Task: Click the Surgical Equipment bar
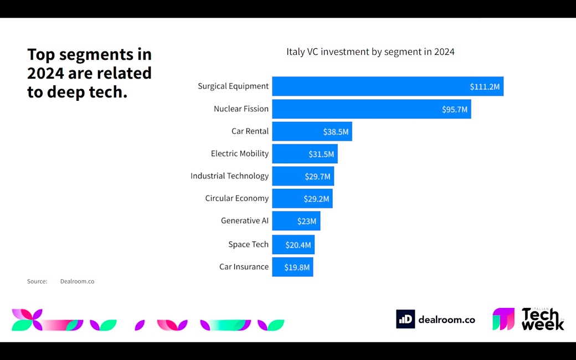click(x=388, y=86)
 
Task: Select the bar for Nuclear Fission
click(x=371, y=109)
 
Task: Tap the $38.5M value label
click(x=336, y=132)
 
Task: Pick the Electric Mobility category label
click(x=239, y=153)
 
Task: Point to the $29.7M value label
click(x=317, y=177)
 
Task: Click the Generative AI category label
click(x=244, y=220)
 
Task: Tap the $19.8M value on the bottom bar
click(x=297, y=267)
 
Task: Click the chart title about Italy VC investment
click(x=370, y=52)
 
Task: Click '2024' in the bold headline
click(x=46, y=73)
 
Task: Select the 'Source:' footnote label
click(x=37, y=281)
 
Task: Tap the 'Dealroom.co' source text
click(x=77, y=281)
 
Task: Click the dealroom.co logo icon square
click(x=405, y=319)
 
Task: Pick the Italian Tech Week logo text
click(x=542, y=320)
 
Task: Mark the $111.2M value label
click(x=485, y=87)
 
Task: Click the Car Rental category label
click(x=250, y=131)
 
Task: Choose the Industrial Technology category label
click(x=229, y=176)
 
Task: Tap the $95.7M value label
click(x=455, y=110)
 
